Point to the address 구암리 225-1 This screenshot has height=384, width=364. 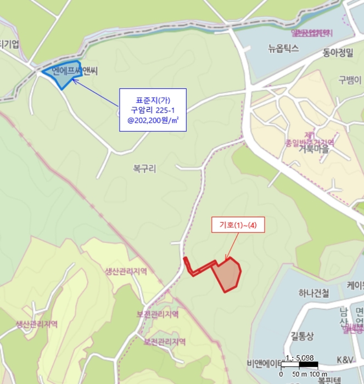[x=153, y=110]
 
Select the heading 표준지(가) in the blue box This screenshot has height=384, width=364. [x=153, y=100]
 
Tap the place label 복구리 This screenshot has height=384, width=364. [x=144, y=169]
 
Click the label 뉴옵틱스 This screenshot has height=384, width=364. [x=284, y=48]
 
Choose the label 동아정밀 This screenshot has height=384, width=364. [x=338, y=53]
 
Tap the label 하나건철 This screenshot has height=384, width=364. [x=311, y=293]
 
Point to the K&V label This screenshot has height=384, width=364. [x=345, y=359]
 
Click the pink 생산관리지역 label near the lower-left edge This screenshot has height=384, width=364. [x=37, y=324]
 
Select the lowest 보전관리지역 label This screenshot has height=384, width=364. [x=165, y=342]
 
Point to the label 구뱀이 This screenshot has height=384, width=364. [x=350, y=80]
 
